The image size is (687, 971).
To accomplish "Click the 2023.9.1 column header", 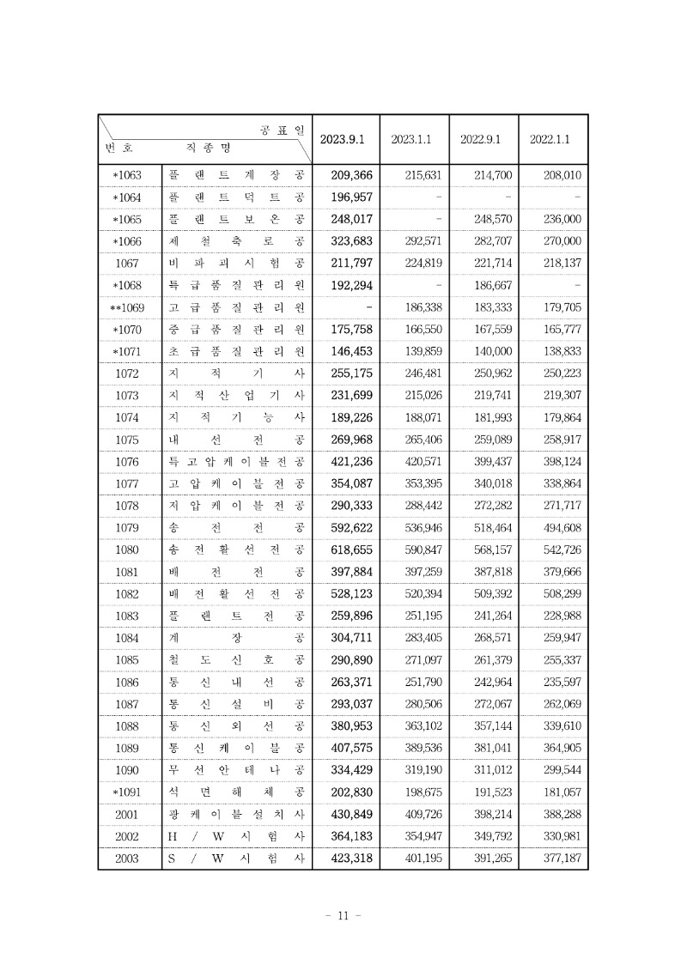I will tap(343, 139).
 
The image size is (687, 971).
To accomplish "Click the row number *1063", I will tap(127, 176).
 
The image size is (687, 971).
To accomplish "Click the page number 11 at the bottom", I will tap(343, 916).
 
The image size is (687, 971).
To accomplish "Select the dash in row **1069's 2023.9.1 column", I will tap(368, 306).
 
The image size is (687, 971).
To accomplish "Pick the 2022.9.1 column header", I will tap(481, 139).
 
